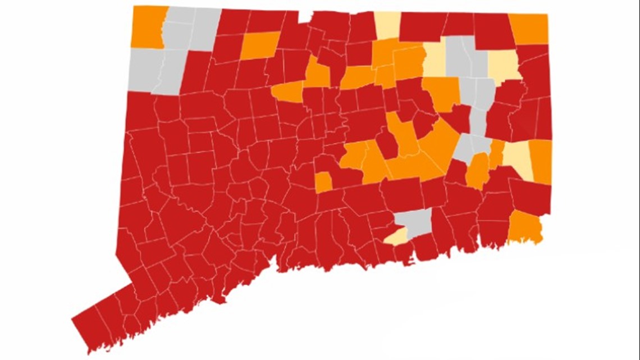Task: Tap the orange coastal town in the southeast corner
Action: pos(527,228)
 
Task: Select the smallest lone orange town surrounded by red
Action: pos(323,182)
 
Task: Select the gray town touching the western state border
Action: pos(143,67)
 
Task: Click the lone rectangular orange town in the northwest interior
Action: pos(260,45)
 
